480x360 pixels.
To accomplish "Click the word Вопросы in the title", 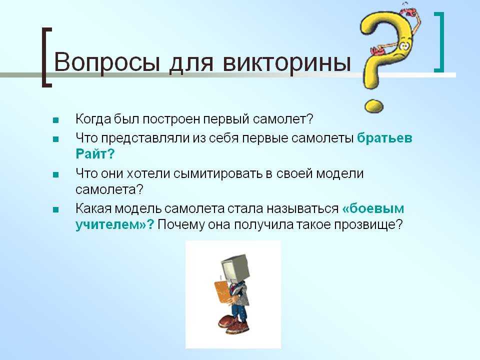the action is pyautogui.click(x=107, y=63).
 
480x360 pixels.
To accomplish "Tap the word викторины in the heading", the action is pyautogui.click(x=286, y=63).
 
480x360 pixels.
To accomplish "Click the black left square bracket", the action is pyautogui.click(x=46, y=57).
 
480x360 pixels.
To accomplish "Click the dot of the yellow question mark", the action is pyautogui.click(x=374, y=106).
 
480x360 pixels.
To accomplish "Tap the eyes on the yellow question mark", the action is pyautogui.click(x=404, y=46).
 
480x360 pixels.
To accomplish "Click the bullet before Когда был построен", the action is pyautogui.click(x=55, y=120).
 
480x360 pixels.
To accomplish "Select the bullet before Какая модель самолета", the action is pyautogui.click(x=55, y=210).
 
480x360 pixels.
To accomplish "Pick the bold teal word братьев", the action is pyautogui.click(x=384, y=138).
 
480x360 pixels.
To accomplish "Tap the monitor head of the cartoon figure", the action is pyautogui.click(x=234, y=267).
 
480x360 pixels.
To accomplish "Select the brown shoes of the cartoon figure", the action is pyautogui.click(x=233, y=324).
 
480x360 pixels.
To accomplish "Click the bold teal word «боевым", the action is pyautogui.click(x=373, y=208).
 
